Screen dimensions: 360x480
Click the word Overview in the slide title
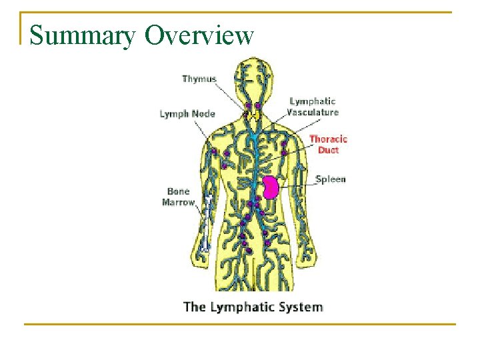199,35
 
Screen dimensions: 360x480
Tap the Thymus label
199,79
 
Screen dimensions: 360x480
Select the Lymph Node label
187,113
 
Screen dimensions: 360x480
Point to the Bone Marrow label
179,197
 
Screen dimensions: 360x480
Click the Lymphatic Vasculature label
313,107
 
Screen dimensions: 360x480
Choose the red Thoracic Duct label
328,144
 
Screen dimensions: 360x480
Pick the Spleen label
331,179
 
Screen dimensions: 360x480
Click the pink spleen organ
270,187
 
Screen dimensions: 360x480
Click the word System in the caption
304,307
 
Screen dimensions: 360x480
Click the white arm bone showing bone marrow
208,217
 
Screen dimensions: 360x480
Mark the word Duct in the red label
328,150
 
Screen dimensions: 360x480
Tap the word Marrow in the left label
179,202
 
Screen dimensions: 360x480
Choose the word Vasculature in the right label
313,112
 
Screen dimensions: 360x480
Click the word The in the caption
194,307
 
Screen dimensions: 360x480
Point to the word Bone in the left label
179,192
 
